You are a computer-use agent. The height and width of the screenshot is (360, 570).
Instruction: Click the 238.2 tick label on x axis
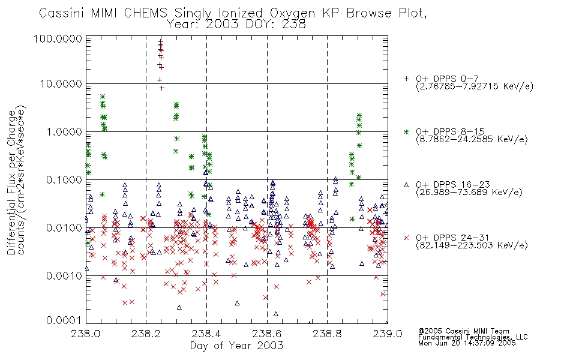[146, 334]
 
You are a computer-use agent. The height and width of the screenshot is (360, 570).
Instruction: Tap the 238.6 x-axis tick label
[267, 334]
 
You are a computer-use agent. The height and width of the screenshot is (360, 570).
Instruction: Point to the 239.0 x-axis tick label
[388, 334]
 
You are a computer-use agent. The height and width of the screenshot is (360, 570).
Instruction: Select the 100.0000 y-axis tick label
[58, 38]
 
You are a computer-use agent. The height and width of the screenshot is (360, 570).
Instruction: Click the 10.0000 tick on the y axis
[61, 84]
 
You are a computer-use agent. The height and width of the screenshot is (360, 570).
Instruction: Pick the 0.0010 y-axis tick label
[64, 276]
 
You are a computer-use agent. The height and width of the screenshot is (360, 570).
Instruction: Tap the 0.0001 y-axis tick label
[64, 320]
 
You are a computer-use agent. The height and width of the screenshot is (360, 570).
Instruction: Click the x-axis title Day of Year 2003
[236, 346]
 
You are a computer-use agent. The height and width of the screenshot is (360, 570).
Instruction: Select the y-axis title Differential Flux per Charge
[11, 182]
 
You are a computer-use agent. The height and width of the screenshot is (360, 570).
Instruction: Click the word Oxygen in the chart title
[293, 13]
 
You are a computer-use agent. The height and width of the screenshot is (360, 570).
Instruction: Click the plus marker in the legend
[406, 78]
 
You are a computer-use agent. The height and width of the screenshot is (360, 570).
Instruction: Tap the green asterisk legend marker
[406, 131]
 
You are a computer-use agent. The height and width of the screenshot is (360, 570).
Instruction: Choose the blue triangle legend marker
[406, 185]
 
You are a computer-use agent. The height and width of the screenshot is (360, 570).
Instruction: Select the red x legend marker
[406, 238]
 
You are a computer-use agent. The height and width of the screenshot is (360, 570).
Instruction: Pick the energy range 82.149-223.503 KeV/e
[472, 245]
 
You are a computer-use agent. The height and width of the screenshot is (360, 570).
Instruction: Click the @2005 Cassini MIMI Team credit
[464, 331]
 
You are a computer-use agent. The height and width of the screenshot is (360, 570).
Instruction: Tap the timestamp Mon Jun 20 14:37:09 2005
[467, 343]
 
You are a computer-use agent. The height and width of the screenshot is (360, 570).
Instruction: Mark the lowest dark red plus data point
[162, 88]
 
